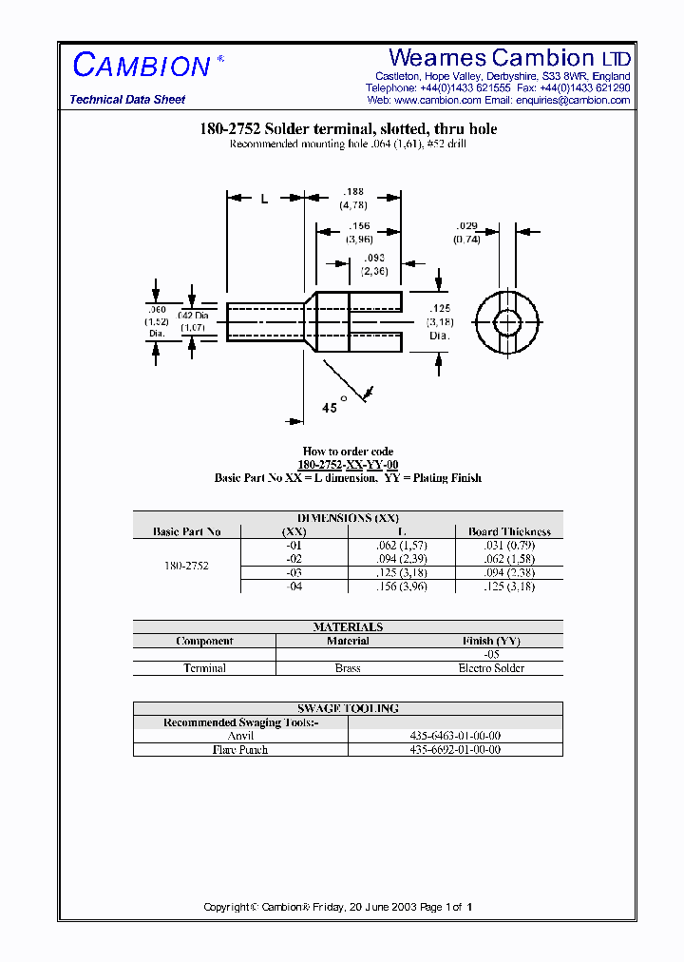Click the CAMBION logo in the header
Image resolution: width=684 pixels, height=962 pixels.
142,66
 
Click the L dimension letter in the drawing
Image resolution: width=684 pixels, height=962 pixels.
264,199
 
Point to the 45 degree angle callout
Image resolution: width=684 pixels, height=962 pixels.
331,408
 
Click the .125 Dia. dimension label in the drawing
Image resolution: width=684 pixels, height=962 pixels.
439,321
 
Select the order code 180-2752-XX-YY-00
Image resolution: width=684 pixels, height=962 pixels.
348,465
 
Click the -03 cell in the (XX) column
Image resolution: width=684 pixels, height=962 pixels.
294,574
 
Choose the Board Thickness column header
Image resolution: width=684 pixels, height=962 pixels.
509,531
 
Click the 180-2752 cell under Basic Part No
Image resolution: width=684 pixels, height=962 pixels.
186,566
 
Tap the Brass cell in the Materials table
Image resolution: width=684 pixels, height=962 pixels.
348,668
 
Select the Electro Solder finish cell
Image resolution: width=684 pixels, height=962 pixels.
491,668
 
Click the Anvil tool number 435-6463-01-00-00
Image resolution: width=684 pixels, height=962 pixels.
456,736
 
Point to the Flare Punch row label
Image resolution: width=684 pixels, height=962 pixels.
240,750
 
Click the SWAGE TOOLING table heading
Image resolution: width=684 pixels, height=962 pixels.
348,708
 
